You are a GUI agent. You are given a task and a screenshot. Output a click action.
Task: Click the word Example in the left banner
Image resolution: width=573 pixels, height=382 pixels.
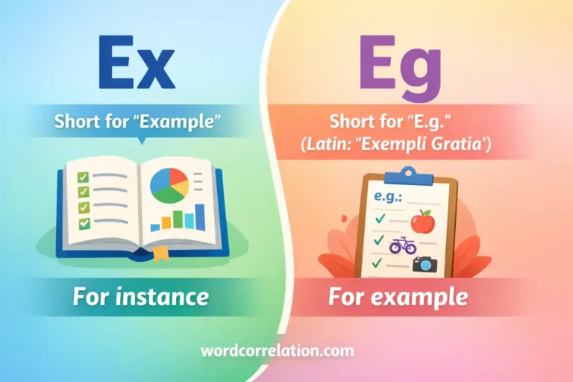182,122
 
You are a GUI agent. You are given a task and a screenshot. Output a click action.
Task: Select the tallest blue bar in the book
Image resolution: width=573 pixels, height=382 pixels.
200,216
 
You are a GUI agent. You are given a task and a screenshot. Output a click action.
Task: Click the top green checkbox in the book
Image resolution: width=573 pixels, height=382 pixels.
84,176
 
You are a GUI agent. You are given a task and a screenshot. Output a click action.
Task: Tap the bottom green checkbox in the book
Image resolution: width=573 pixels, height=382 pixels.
84,222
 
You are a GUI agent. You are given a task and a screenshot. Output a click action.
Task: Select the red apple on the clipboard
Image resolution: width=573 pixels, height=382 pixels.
422,221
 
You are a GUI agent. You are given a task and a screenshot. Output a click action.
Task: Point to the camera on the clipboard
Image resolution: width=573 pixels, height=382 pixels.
425,263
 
